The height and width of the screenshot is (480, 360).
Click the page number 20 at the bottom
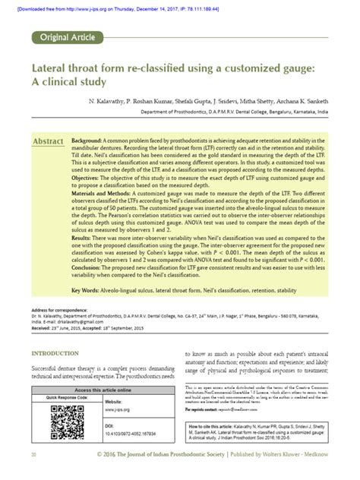pyautogui.click(x=33, y=474)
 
